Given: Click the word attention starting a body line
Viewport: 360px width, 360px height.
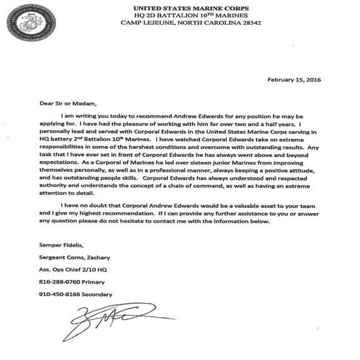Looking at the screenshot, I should (x=57, y=207).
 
